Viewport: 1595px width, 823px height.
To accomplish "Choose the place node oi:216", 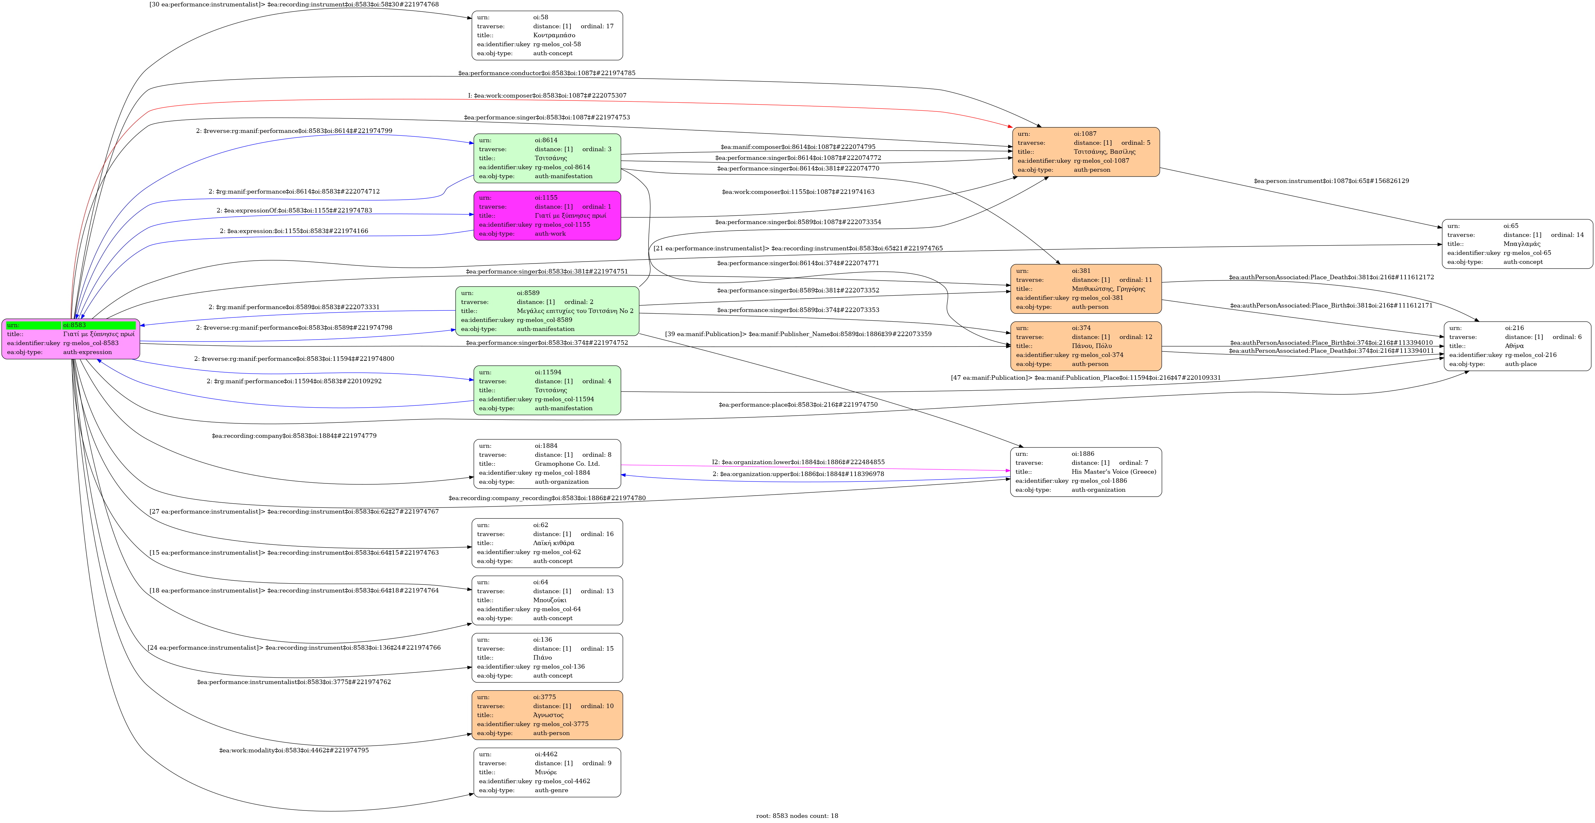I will pyautogui.click(x=1517, y=346).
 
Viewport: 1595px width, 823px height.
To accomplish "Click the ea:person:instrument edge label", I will pyautogui.click(x=1331, y=181).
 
